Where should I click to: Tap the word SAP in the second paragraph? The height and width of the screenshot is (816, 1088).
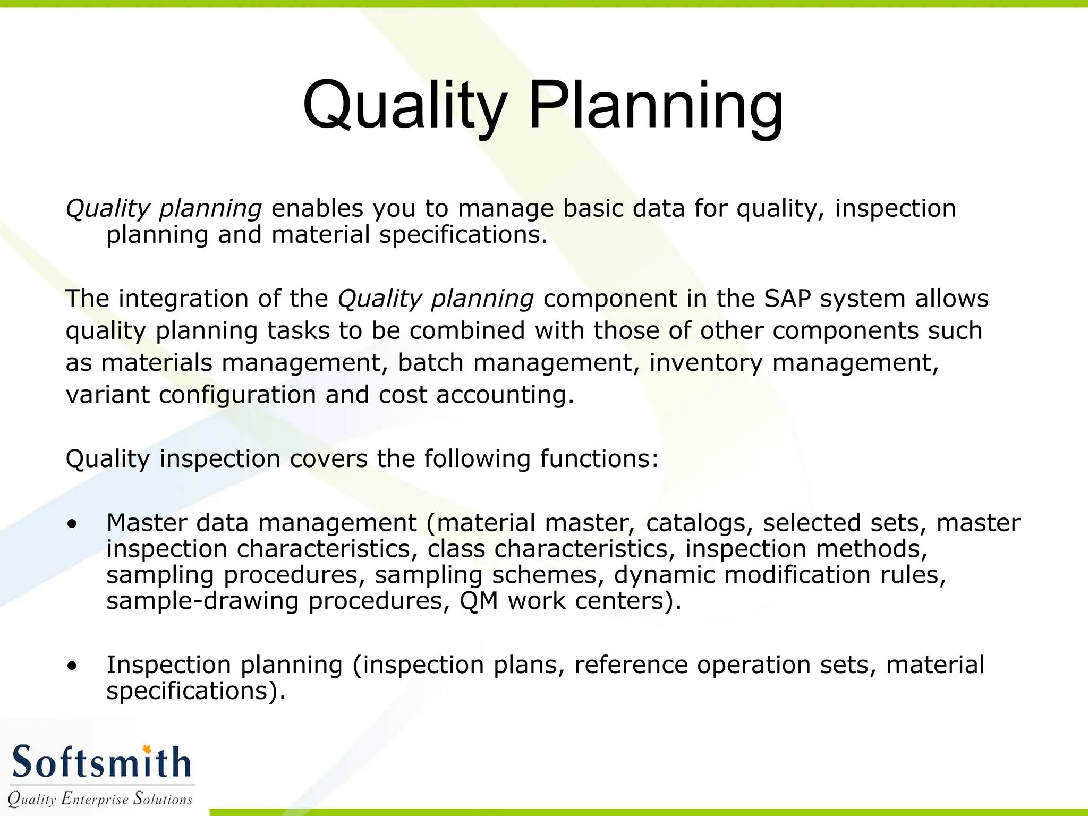pyautogui.click(x=787, y=299)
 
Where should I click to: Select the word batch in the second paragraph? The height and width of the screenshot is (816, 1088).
pyautogui.click(x=431, y=363)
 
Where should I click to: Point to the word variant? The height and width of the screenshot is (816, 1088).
pyautogui.click(x=107, y=395)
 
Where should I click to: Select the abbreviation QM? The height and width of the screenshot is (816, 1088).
pyautogui.click(x=479, y=601)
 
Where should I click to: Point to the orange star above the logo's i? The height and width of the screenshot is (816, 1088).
pyautogui.click(x=147, y=749)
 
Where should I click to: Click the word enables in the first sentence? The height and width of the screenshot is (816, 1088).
pyautogui.click(x=317, y=208)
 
